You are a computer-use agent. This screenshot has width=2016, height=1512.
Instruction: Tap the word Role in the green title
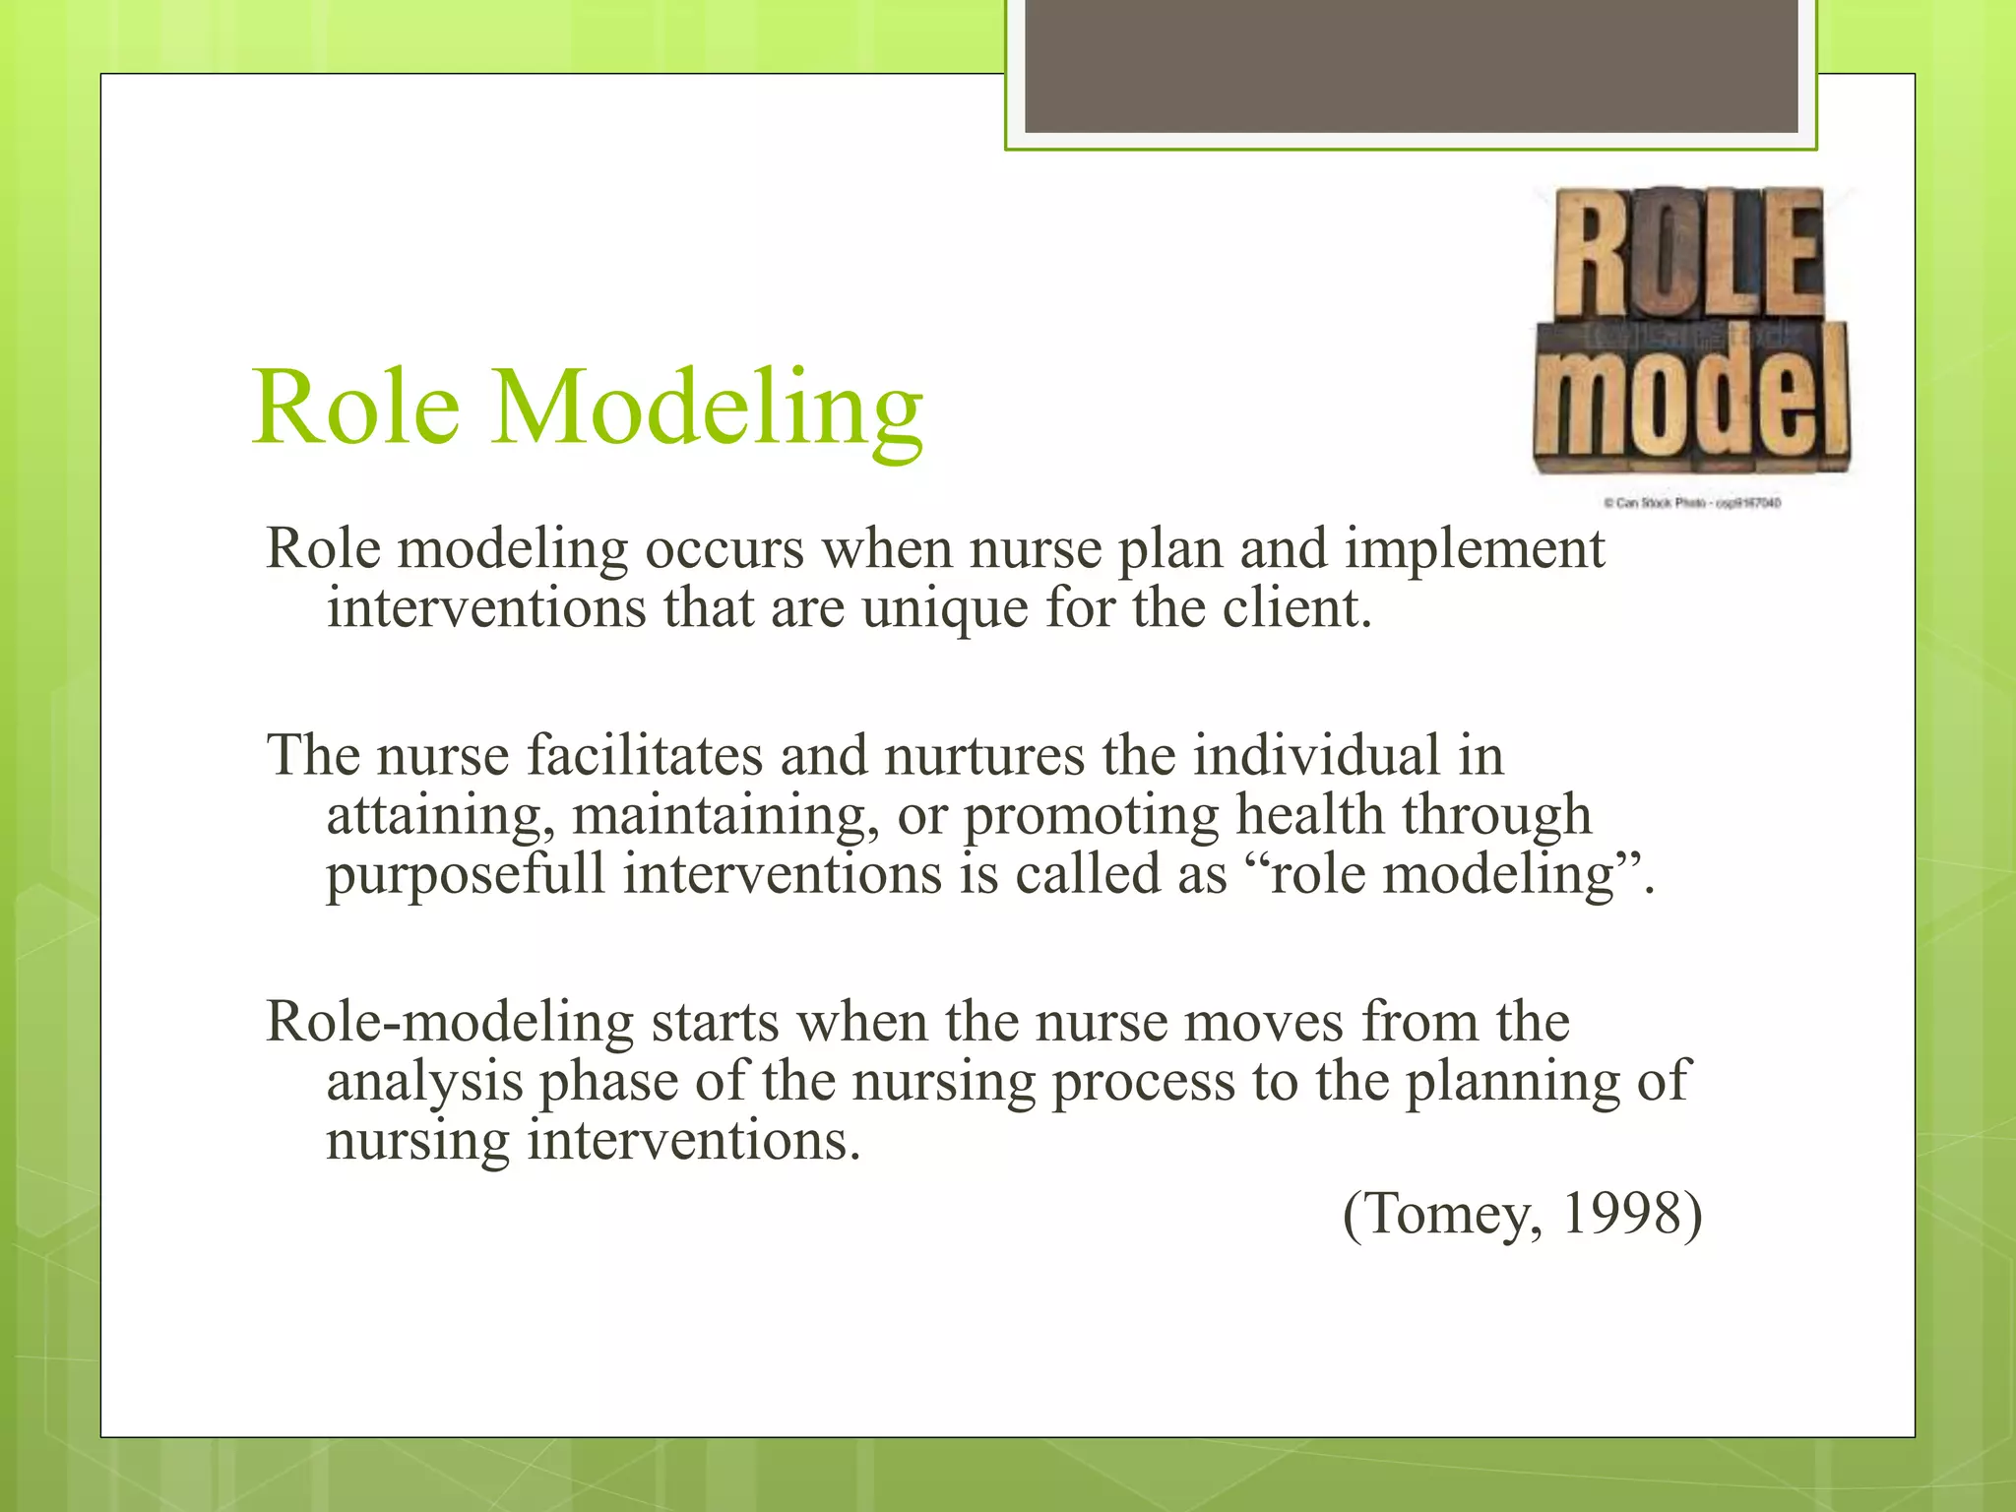click(x=356, y=409)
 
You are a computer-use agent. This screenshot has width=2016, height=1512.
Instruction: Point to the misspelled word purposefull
click(x=466, y=874)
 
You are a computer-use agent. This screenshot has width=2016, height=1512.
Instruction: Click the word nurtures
click(x=984, y=756)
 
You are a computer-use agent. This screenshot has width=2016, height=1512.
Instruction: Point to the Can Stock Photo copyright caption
click(x=1691, y=503)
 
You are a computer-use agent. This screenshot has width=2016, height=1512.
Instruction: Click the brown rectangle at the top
click(x=1411, y=66)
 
